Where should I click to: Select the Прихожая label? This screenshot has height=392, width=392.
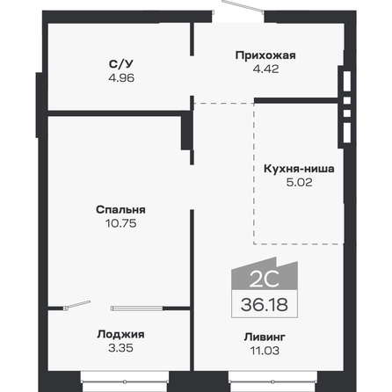[x=265, y=56]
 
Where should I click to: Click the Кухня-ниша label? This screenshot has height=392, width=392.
[x=299, y=171]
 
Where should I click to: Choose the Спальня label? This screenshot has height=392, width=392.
[x=120, y=210]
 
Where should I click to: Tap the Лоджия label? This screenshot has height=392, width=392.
[x=120, y=334]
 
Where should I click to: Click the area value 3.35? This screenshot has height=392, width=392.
[x=120, y=347]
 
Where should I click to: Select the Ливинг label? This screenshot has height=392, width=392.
[x=265, y=338]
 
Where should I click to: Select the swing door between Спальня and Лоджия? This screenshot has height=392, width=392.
[x=77, y=305]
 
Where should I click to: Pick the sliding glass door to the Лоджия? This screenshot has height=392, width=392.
[x=138, y=308]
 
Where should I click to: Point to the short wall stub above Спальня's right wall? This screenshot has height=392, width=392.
[x=185, y=131]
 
